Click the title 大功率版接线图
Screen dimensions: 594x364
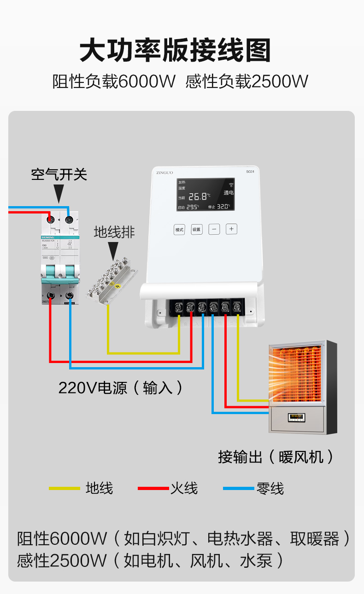(x=175, y=51)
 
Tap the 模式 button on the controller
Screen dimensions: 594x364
(x=179, y=229)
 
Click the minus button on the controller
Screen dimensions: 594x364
(x=214, y=229)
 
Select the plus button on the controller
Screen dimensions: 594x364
(x=231, y=229)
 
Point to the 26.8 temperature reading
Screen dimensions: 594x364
(x=199, y=196)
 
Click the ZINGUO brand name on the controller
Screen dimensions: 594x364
(x=164, y=173)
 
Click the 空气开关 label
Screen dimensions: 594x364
(x=59, y=174)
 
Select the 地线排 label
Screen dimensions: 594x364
(x=114, y=232)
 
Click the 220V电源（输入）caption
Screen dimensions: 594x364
(x=120, y=387)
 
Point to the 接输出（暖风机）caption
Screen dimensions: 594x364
(x=276, y=456)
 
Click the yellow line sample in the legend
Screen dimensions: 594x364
(x=64, y=488)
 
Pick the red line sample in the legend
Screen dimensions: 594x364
(x=153, y=488)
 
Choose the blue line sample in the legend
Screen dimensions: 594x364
(x=238, y=488)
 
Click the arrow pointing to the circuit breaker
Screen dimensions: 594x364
(x=59, y=194)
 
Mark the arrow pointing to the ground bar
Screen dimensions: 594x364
(x=113, y=251)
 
